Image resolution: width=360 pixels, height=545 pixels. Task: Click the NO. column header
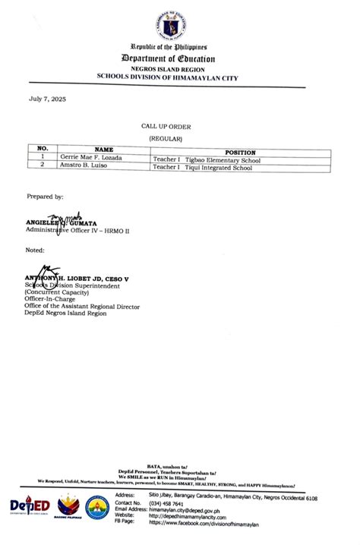click(x=43, y=150)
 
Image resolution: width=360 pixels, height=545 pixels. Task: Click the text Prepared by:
click(x=45, y=197)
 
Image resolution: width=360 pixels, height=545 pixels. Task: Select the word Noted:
click(x=35, y=250)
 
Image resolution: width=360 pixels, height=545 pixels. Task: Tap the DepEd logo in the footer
click(x=30, y=506)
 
